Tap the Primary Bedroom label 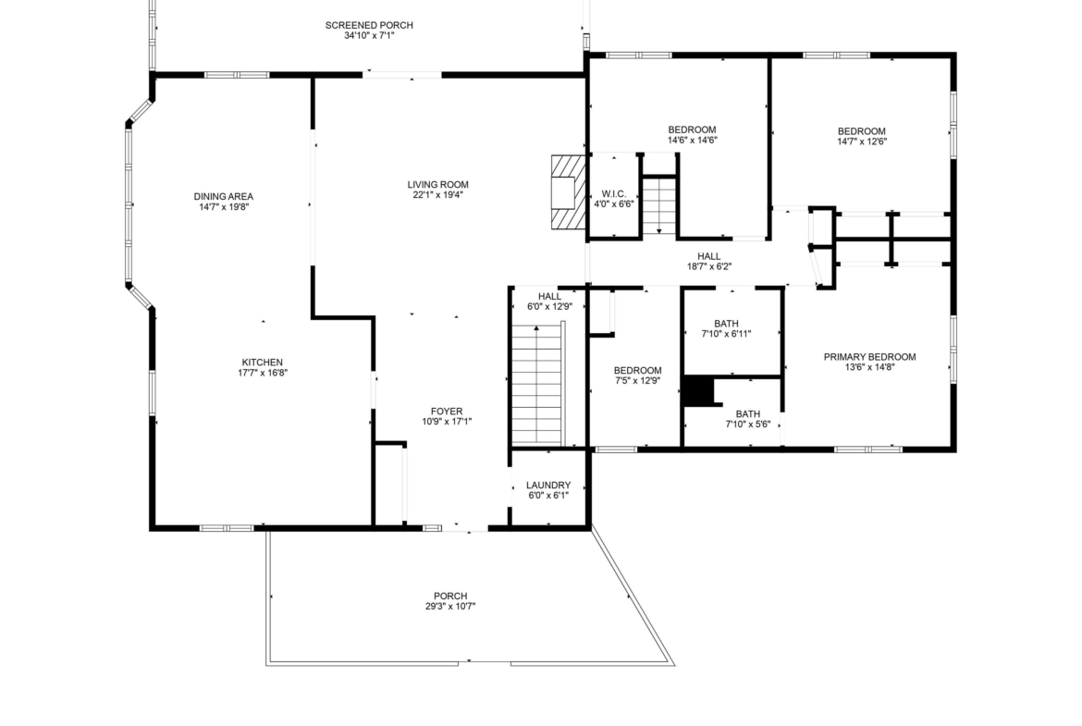[869, 357]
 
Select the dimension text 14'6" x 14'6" [692, 140]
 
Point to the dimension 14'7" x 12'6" [862, 142]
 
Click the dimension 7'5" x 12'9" [637, 380]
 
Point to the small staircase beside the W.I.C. [659, 206]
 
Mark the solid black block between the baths [698, 392]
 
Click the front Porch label [450, 596]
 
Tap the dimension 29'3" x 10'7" [450, 607]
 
